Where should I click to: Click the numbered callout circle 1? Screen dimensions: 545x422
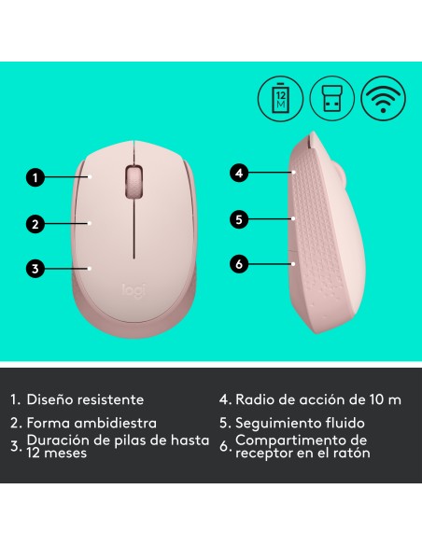(x=35, y=175)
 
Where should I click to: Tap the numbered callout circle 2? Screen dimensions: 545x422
(x=35, y=223)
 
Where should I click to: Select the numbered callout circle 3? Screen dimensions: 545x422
(x=35, y=270)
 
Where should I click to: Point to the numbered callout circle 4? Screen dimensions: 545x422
(x=239, y=173)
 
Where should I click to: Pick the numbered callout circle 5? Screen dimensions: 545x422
(x=239, y=219)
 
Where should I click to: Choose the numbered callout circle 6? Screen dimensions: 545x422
(x=239, y=265)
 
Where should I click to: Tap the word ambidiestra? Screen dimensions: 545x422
(x=127, y=423)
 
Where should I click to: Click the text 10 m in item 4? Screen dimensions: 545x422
(x=383, y=399)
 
